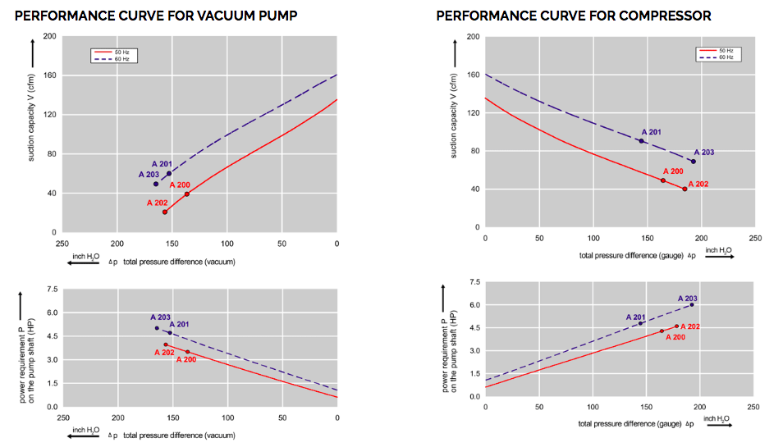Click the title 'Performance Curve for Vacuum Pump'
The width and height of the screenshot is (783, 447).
point(155,16)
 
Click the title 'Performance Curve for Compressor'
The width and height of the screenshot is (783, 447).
point(573,16)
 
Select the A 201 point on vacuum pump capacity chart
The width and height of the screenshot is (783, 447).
point(169,173)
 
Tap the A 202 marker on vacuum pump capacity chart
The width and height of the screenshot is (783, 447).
point(165,212)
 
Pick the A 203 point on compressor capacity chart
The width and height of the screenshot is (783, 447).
point(693,161)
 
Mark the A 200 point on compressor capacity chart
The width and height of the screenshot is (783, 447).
point(662,180)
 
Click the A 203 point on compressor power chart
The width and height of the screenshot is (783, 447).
point(692,305)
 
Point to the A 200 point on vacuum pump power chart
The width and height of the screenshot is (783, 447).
point(187,352)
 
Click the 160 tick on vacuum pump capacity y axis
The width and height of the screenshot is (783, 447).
point(50,75)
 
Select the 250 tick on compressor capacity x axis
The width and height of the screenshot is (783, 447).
point(756,238)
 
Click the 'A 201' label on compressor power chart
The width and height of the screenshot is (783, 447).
point(637,317)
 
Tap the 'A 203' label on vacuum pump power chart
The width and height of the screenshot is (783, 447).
point(161,317)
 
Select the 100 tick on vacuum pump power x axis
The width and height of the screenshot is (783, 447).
point(227,417)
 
